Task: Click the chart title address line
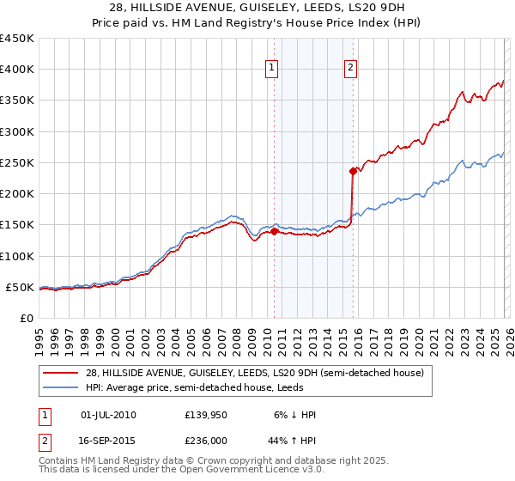pos(257,7)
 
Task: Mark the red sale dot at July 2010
pos(274,231)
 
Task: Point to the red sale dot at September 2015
pos(353,171)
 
